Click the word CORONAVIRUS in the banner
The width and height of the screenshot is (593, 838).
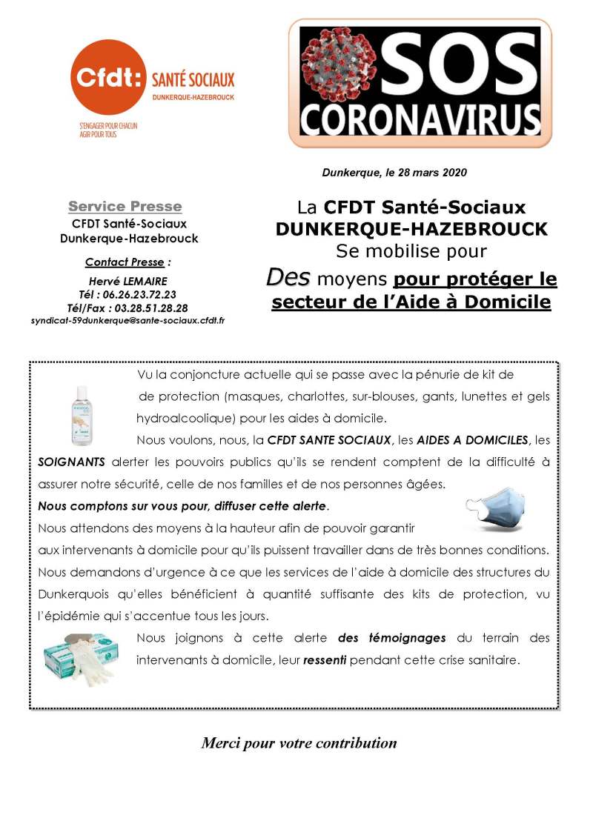pos(420,119)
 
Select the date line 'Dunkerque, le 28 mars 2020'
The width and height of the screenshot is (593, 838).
pos(394,173)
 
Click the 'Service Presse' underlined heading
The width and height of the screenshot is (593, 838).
pos(125,206)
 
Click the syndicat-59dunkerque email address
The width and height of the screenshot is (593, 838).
pos(128,320)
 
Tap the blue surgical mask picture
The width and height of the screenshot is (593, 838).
pos(495,508)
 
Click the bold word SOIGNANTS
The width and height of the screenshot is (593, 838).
pos(71,462)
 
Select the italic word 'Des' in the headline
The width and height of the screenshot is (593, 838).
pos(288,279)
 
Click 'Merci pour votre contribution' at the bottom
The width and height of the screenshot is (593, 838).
pos(299,743)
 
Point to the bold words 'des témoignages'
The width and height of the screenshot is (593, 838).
pos(392,638)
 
